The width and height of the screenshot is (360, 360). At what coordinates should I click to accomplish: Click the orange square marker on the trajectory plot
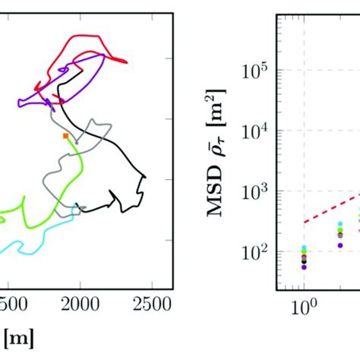pyautogui.click(x=66, y=135)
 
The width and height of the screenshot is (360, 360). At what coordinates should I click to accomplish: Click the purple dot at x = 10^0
pyautogui.click(x=304, y=267)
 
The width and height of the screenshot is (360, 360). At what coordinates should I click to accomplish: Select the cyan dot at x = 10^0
pyautogui.click(x=304, y=248)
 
